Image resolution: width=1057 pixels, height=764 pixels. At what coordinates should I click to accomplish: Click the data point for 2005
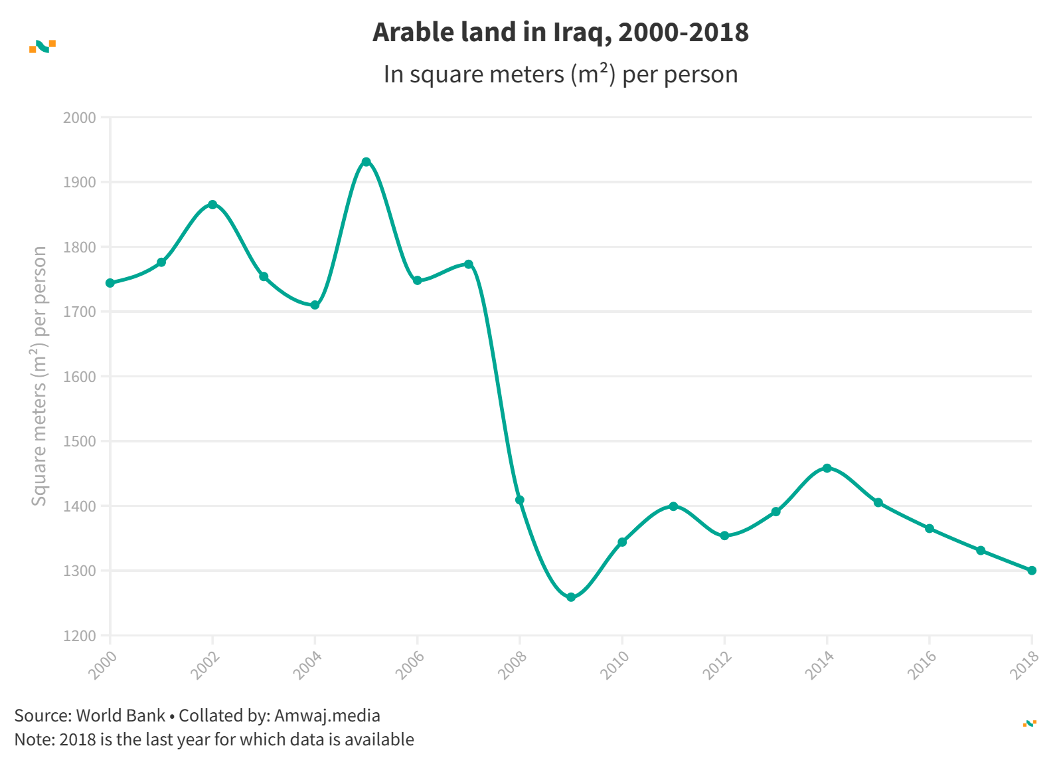[x=366, y=162]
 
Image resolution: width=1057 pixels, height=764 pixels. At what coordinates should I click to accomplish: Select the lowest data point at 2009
[x=571, y=597]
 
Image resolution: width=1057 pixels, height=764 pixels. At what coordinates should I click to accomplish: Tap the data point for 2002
[x=212, y=205]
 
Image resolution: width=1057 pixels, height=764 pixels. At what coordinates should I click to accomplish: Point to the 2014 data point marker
[x=827, y=468]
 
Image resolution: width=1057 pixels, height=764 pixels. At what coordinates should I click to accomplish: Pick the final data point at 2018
[x=1032, y=571]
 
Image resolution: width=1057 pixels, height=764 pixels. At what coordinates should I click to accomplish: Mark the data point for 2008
[x=520, y=500]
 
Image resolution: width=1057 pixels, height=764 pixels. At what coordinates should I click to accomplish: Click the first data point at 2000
[x=110, y=283]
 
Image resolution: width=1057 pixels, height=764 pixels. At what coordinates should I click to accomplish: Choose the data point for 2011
[x=673, y=506]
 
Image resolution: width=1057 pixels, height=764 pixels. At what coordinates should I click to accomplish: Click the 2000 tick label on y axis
[x=80, y=118]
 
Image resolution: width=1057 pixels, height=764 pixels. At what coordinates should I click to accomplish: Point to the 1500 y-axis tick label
[x=80, y=441]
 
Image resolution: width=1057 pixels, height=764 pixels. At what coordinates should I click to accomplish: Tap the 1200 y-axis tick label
[x=80, y=636]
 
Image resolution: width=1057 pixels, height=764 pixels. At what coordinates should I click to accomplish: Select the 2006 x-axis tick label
[x=410, y=664]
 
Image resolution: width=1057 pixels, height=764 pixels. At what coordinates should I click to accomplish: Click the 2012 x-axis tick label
[x=718, y=664]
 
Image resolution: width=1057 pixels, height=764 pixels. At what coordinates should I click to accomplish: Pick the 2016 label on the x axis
[x=922, y=664]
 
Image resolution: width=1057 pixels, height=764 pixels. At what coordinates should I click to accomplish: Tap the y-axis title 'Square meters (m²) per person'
[x=39, y=376]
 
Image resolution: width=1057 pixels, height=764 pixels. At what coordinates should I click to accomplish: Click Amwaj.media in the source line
[x=327, y=716]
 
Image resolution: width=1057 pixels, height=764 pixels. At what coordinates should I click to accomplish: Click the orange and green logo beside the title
[x=42, y=47]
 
